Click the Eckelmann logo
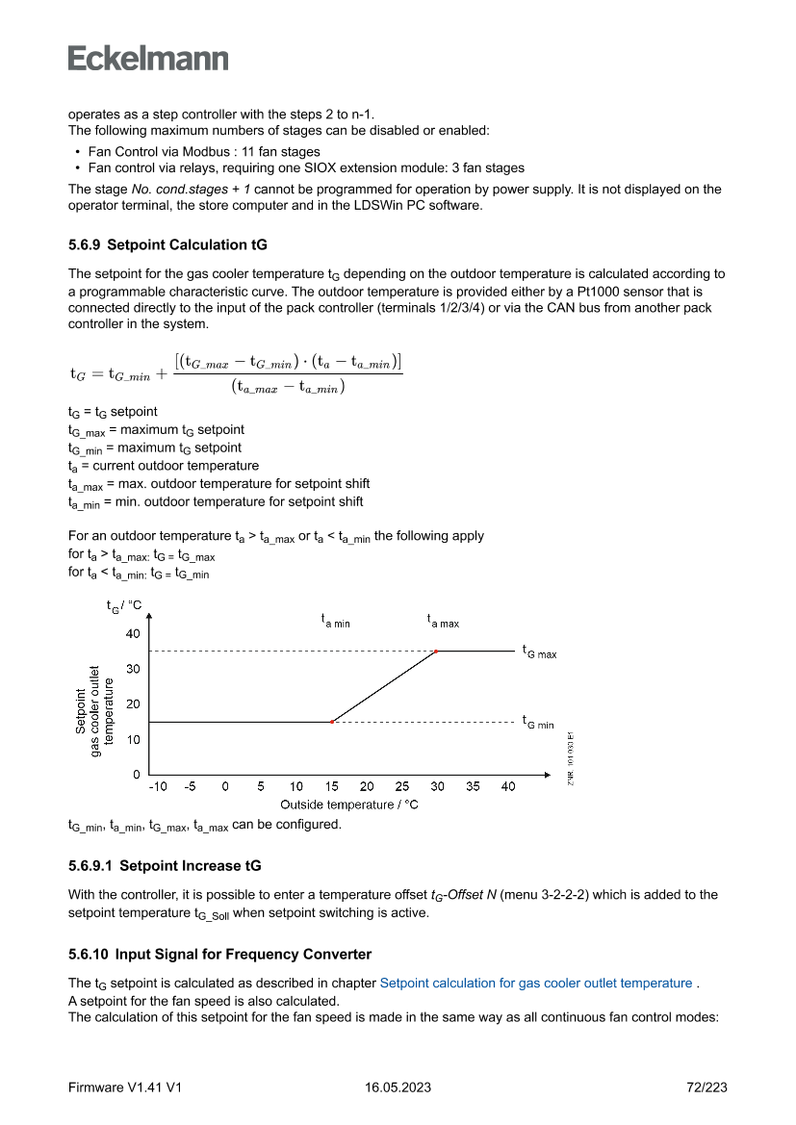click(148, 59)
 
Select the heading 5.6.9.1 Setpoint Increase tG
click(165, 866)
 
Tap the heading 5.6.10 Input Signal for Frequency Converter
click(219, 955)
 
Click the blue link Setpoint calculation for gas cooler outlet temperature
click(536, 984)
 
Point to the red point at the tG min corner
click(332, 722)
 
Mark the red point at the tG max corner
click(436, 652)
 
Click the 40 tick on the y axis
click(133, 634)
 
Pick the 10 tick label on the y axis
click(133, 740)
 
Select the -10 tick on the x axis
click(157, 786)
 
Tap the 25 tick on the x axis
click(402, 786)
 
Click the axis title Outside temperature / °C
click(349, 805)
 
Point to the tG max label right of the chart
click(539, 652)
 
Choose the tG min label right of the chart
click(538, 722)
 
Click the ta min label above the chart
click(335, 622)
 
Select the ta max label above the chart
click(443, 622)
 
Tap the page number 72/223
click(705, 1088)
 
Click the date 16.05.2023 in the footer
click(398, 1088)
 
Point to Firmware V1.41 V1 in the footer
click(125, 1088)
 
